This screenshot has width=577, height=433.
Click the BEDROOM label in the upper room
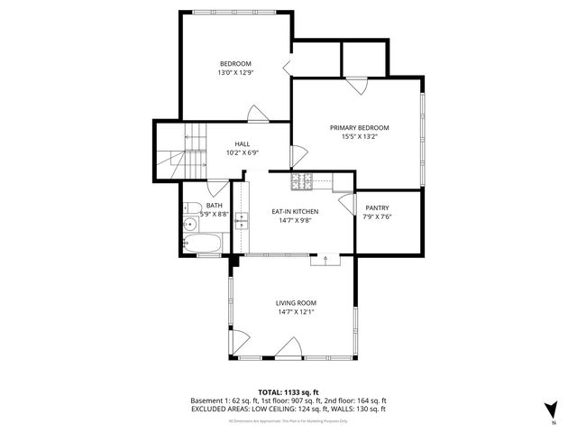tap(235, 63)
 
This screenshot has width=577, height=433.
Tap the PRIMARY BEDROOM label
tap(358, 128)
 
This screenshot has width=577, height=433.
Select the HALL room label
tap(243, 143)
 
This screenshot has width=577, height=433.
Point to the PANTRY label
tap(377, 207)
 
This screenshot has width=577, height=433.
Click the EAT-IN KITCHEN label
tap(295, 211)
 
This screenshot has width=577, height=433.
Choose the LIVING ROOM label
tap(296, 303)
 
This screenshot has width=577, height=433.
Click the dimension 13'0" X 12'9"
tap(235, 72)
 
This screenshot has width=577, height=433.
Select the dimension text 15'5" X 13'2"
tap(358, 137)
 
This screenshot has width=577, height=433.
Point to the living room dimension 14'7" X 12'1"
tap(296, 312)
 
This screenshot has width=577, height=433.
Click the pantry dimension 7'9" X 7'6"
tap(377, 216)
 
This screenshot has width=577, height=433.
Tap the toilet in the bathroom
tap(190, 225)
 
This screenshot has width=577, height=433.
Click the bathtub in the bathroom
tap(202, 244)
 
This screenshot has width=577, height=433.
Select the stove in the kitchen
tap(304, 182)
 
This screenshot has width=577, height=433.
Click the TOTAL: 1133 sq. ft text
tap(288, 392)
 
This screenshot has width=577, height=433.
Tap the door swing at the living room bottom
tap(289, 347)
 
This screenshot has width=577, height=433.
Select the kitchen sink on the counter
tap(242, 220)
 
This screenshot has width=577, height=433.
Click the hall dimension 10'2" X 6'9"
tap(243, 152)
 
